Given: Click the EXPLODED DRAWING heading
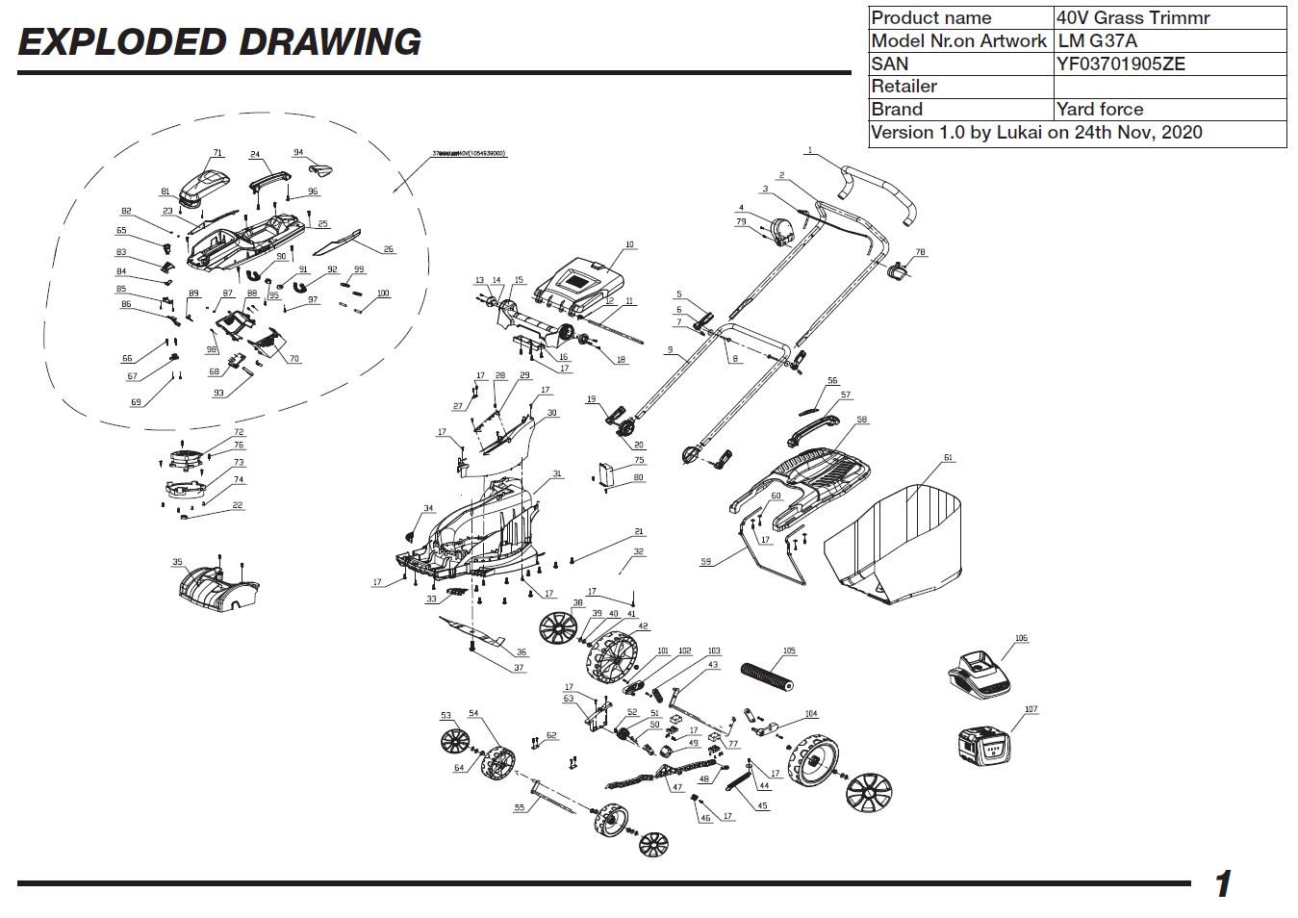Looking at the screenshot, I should [x=219, y=42].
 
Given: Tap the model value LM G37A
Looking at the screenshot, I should [x=1098, y=41].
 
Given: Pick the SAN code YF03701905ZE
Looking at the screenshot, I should [x=1121, y=64].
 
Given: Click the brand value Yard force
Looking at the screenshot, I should [x=1100, y=109].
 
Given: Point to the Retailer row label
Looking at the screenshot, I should [x=904, y=87].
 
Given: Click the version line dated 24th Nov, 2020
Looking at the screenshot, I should [x=1036, y=133].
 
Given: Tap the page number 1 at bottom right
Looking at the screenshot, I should [x=1223, y=882].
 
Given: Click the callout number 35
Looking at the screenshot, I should [x=177, y=562].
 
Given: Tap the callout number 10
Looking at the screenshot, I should [x=630, y=244].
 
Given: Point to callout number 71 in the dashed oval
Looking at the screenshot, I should [x=217, y=153].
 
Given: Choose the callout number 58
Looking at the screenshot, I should [x=862, y=420].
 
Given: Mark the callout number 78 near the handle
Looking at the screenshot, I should [x=920, y=252].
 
